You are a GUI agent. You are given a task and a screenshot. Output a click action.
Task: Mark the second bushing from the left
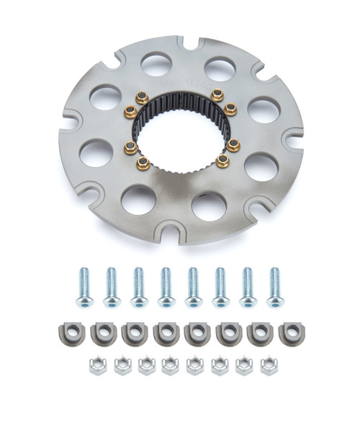(x=102, y=333)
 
